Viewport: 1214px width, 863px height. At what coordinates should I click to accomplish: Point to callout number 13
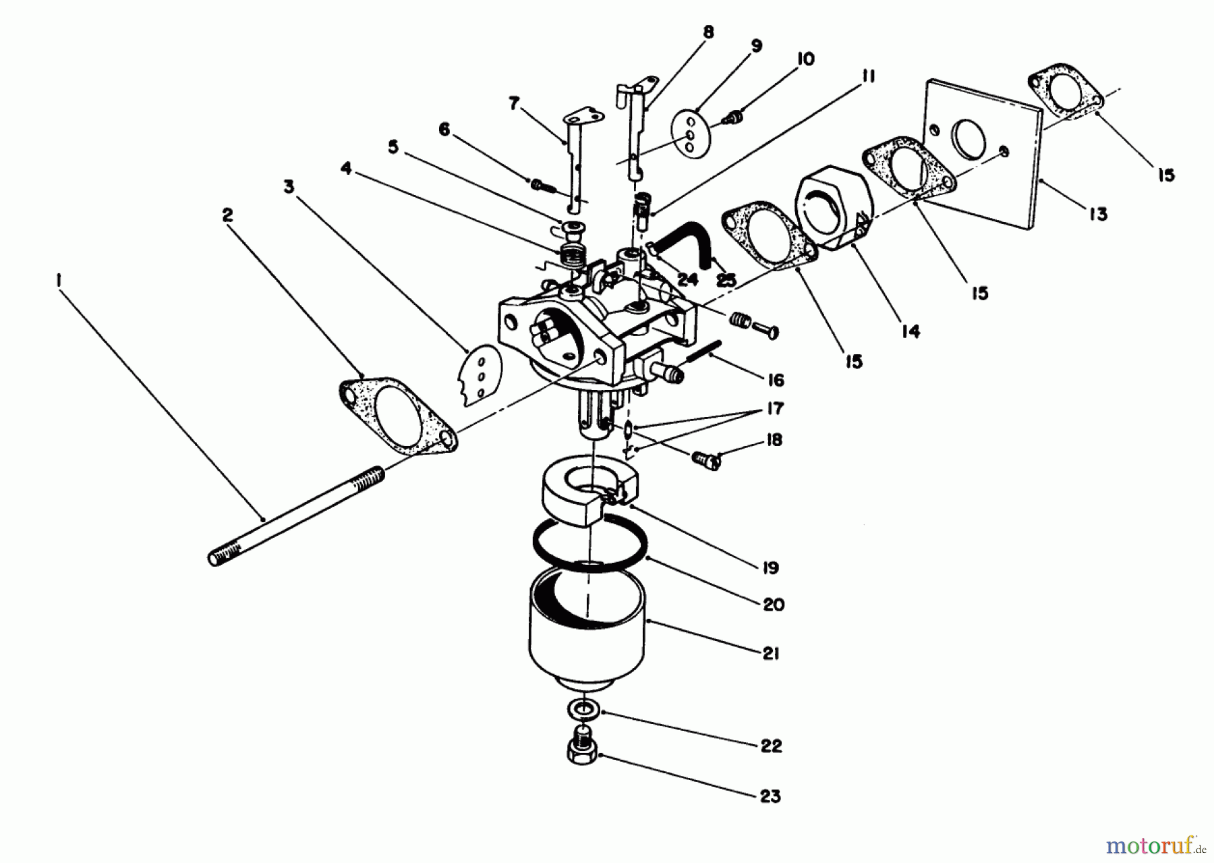click(1098, 214)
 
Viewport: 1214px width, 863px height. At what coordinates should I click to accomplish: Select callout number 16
click(776, 381)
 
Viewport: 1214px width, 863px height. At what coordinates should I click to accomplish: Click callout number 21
click(771, 653)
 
